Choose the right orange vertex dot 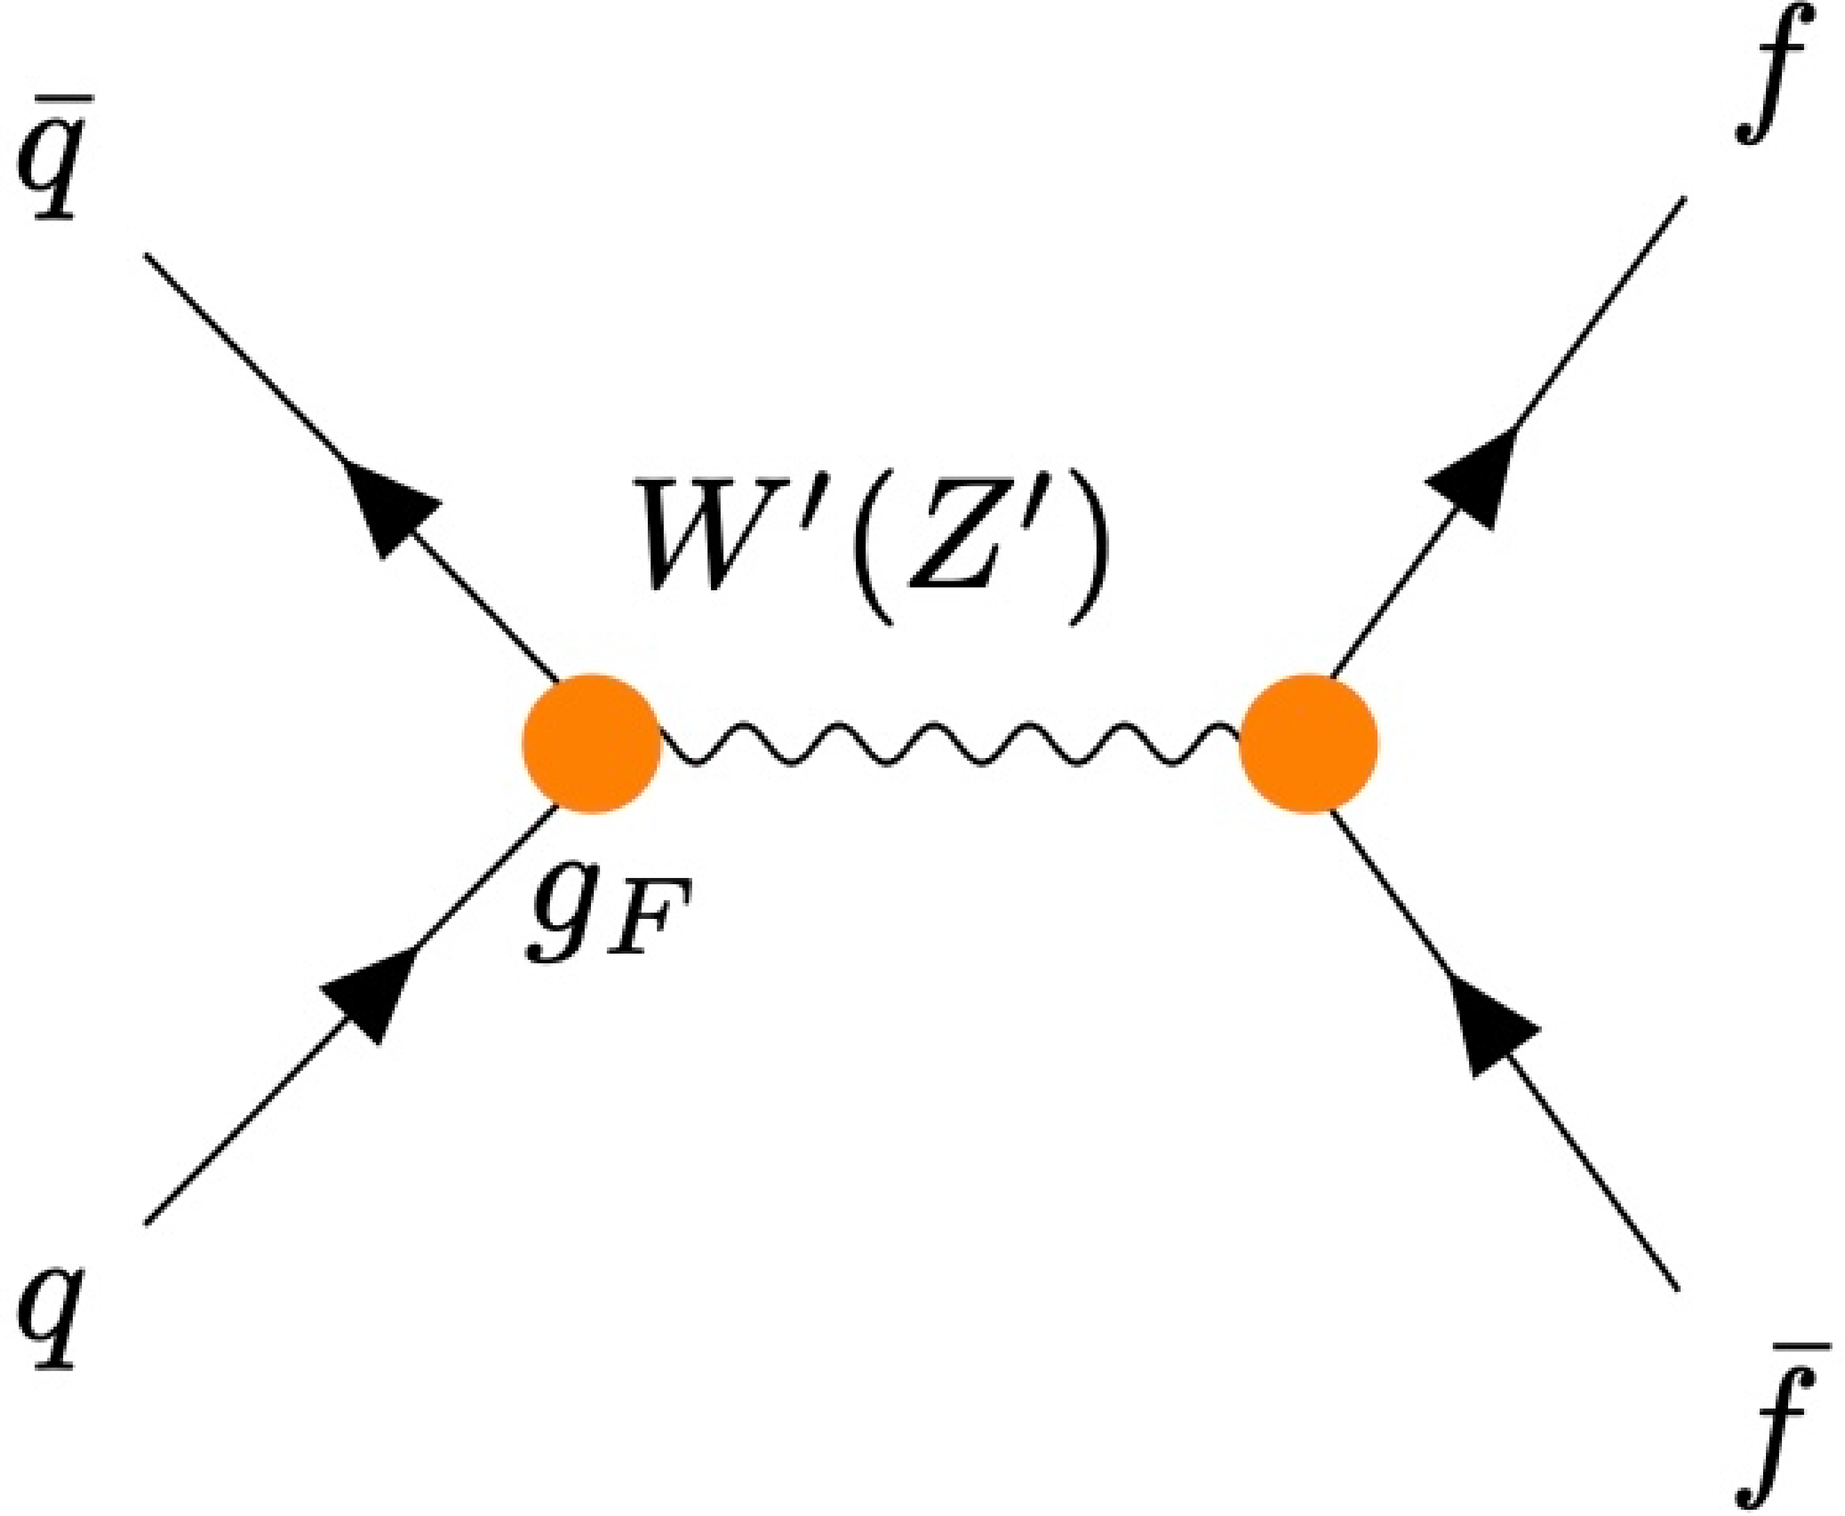click(x=1308, y=743)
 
